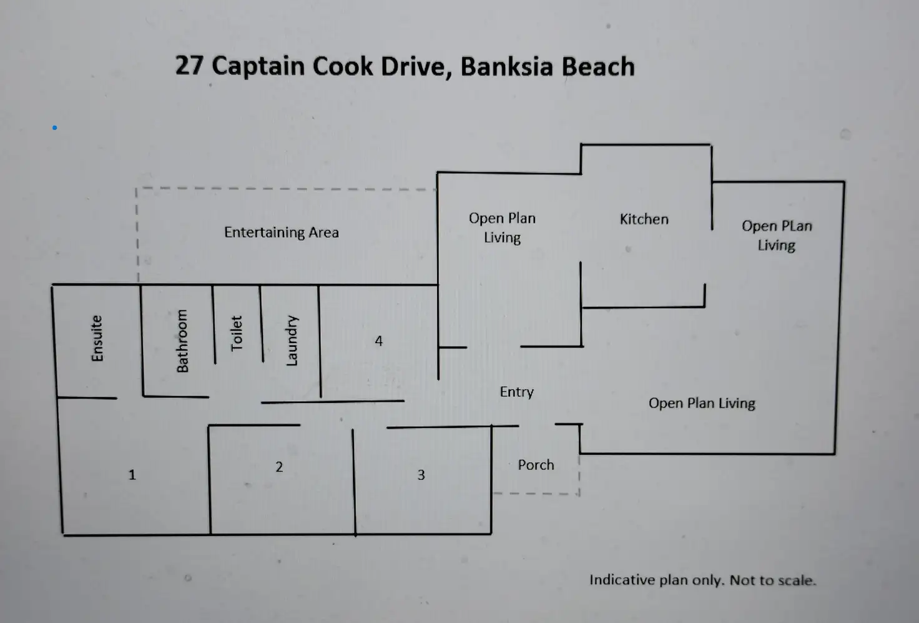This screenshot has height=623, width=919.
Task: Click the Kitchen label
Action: pos(644,219)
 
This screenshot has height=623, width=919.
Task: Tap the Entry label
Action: pos(516,392)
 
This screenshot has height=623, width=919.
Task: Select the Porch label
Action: pos(536,465)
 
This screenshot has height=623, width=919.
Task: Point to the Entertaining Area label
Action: pos(281,232)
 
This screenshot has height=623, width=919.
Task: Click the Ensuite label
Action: pos(97,338)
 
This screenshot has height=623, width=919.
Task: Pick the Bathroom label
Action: pos(182,341)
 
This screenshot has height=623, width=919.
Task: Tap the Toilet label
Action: pos(236,333)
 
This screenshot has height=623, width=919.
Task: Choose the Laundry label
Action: pos(292,341)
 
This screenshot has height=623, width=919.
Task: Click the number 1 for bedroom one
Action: pos(132,475)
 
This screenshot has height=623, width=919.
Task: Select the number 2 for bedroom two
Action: pos(279,467)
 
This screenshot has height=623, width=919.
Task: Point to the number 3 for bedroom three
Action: pos(421,475)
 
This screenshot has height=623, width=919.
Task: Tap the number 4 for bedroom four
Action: pos(378,341)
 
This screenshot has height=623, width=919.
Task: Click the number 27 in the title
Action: pos(189,66)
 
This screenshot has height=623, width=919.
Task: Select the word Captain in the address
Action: pos(258,66)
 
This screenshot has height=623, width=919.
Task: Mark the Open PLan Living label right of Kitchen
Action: pos(777,236)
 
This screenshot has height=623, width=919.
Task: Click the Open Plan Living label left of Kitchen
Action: pos(502,227)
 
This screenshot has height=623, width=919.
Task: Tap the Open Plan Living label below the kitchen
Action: pos(702,403)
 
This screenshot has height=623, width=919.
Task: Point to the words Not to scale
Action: pos(772,581)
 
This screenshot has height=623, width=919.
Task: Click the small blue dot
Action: pos(55,127)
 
